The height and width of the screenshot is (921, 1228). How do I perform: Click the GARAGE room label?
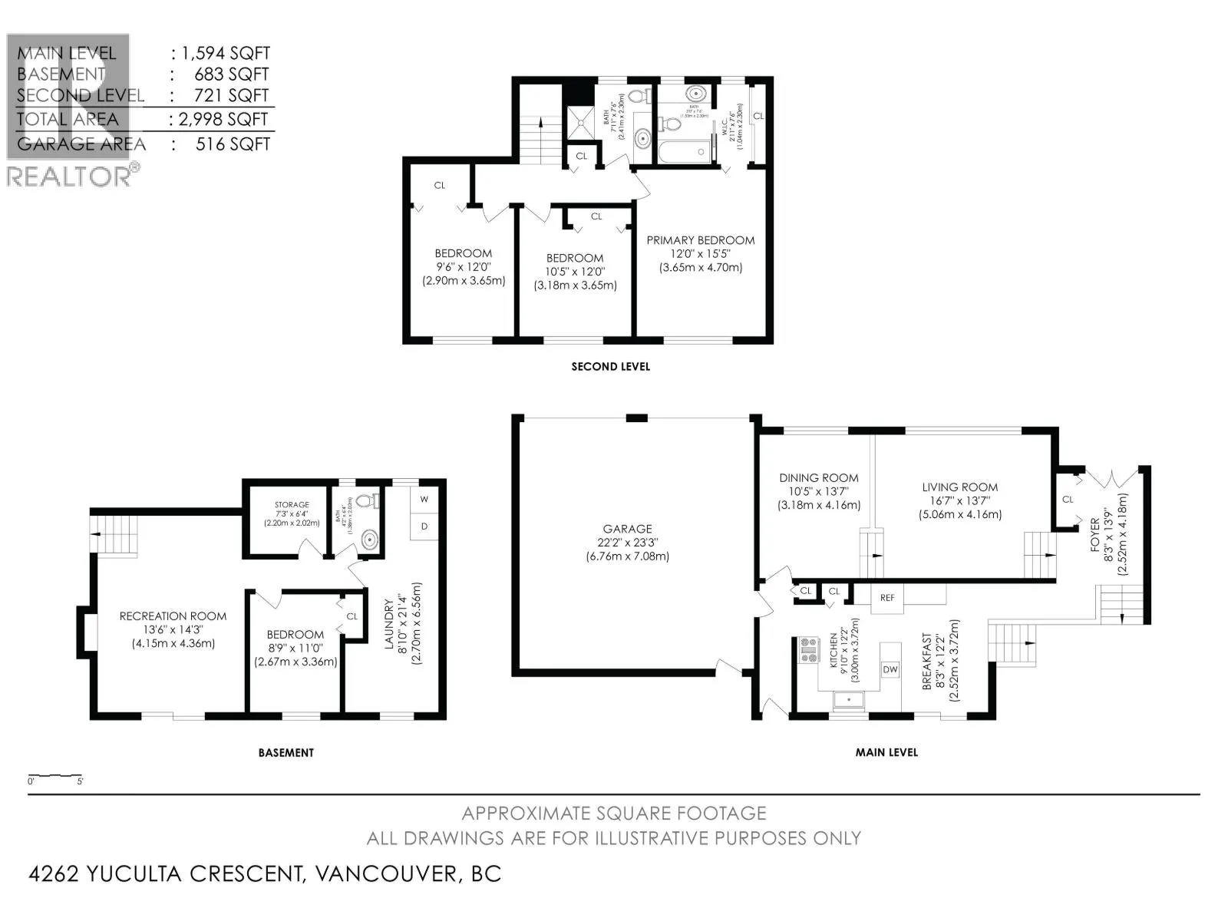[x=627, y=529]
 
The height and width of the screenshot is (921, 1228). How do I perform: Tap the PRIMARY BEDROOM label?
[x=700, y=240]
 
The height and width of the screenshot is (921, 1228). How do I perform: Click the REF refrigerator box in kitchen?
[x=887, y=598]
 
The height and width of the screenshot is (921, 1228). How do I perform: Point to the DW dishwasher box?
[x=890, y=669]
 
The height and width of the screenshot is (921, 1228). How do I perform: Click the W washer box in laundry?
[x=424, y=499]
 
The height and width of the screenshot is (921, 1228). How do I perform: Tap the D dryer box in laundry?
[x=424, y=527]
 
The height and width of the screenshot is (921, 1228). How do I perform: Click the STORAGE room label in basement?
[x=292, y=505]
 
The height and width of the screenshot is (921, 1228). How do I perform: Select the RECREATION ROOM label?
[x=173, y=616]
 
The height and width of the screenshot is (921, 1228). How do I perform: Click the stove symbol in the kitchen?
[x=808, y=651]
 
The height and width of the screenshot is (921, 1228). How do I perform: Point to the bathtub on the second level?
[x=682, y=151]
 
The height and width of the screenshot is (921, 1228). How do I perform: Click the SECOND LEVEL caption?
[x=610, y=367]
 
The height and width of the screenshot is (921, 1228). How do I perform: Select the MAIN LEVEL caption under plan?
[x=886, y=752]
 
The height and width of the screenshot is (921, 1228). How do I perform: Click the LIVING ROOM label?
[x=959, y=487]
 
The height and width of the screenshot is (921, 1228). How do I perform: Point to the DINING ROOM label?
[x=818, y=477]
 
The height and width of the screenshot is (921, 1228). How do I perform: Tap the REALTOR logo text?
[x=69, y=176]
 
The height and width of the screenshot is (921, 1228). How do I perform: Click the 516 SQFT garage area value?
[x=233, y=144]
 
